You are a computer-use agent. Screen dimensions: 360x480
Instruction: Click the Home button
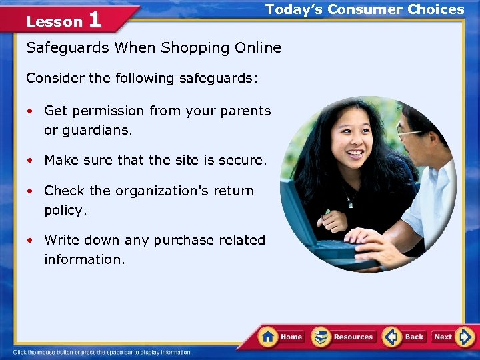[x=281, y=337]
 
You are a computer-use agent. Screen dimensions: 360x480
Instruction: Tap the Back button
[x=404, y=337]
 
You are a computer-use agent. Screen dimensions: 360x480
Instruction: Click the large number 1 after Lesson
[x=94, y=19]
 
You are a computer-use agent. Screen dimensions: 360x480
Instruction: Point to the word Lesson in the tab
[x=54, y=22]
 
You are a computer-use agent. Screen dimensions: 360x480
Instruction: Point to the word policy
[x=65, y=211]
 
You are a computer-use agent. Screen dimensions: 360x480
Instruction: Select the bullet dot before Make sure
[x=30, y=161]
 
